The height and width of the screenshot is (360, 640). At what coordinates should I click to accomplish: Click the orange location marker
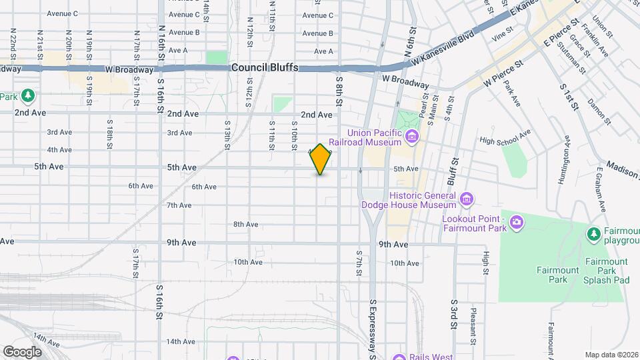pyautogui.click(x=321, y=159)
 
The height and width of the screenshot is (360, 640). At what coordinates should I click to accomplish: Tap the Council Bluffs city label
pyautogui.click(x=265, y=68)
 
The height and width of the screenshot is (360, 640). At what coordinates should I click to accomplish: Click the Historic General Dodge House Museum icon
pyautogui.click(x=467, y=198)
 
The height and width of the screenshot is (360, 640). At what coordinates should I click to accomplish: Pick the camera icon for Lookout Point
pyautogui.click(x=516, y=222)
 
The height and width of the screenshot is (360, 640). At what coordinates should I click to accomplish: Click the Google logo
pyautogui.click(x=22, y=351)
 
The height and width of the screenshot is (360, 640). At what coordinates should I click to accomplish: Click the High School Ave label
pyautogui.click(x=505, y=138)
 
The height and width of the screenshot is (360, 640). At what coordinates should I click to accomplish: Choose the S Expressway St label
pyautogui.click(x=373, y=327)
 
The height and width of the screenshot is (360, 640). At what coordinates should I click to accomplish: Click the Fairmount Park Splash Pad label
pyautogui.click(x=607, y=271)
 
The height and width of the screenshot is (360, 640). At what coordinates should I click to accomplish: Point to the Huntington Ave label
pyautogui.click(x=567, y=155)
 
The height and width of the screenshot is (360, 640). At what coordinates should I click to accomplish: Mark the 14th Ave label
pyautogui.click(x=181, y=341)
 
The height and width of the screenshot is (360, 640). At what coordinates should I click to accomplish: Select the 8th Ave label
pyautogui.click(x=245, y=224)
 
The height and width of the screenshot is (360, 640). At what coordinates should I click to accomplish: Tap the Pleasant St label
pyautogui.click(x=473, y=320)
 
